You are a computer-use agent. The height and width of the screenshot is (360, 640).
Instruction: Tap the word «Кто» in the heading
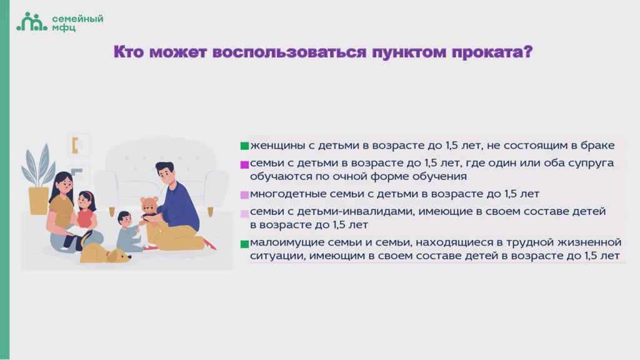pos(129,52)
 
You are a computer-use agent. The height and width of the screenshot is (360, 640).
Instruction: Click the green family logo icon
pos(32,22)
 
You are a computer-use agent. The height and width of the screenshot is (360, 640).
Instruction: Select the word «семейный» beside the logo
pos(77,19)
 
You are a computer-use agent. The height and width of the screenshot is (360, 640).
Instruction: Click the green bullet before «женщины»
pos(244,146)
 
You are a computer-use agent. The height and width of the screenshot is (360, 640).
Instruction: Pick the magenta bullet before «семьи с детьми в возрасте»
pos(244,164)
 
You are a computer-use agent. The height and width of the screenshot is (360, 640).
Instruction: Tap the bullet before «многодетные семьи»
pos(244,195)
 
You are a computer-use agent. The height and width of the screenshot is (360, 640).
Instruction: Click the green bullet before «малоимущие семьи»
pos(244,244)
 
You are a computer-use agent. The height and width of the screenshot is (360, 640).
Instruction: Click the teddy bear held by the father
pos(149,209)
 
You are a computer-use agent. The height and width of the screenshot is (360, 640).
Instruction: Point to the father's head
pos(165,172)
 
